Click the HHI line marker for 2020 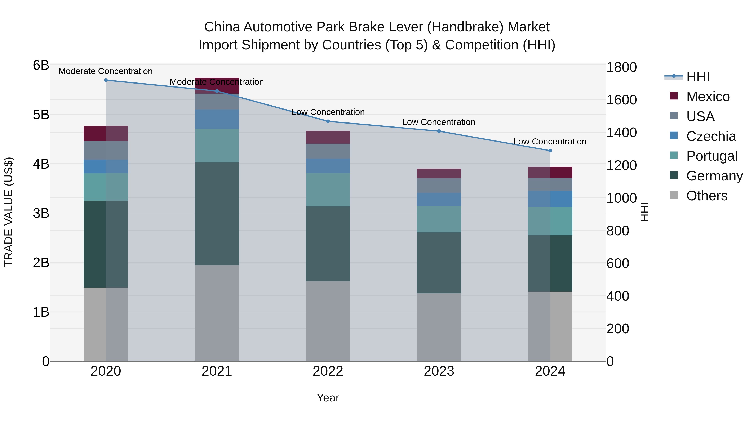[106, 80]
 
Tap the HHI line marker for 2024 [550, 151]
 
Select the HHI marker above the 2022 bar [328, 121]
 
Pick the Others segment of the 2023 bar [439, 327]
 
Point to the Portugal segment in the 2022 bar [328, 190]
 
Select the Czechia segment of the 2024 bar [550, 199]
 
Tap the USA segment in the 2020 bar [106, 150]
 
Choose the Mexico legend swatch [674, 96]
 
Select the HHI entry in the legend [698, 77]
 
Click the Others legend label [707, 196]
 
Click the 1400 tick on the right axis [621, 133]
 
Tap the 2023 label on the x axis [439, 371]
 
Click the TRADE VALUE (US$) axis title [9, 212]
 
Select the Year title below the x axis [328, 398]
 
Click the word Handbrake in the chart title [465, 27]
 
